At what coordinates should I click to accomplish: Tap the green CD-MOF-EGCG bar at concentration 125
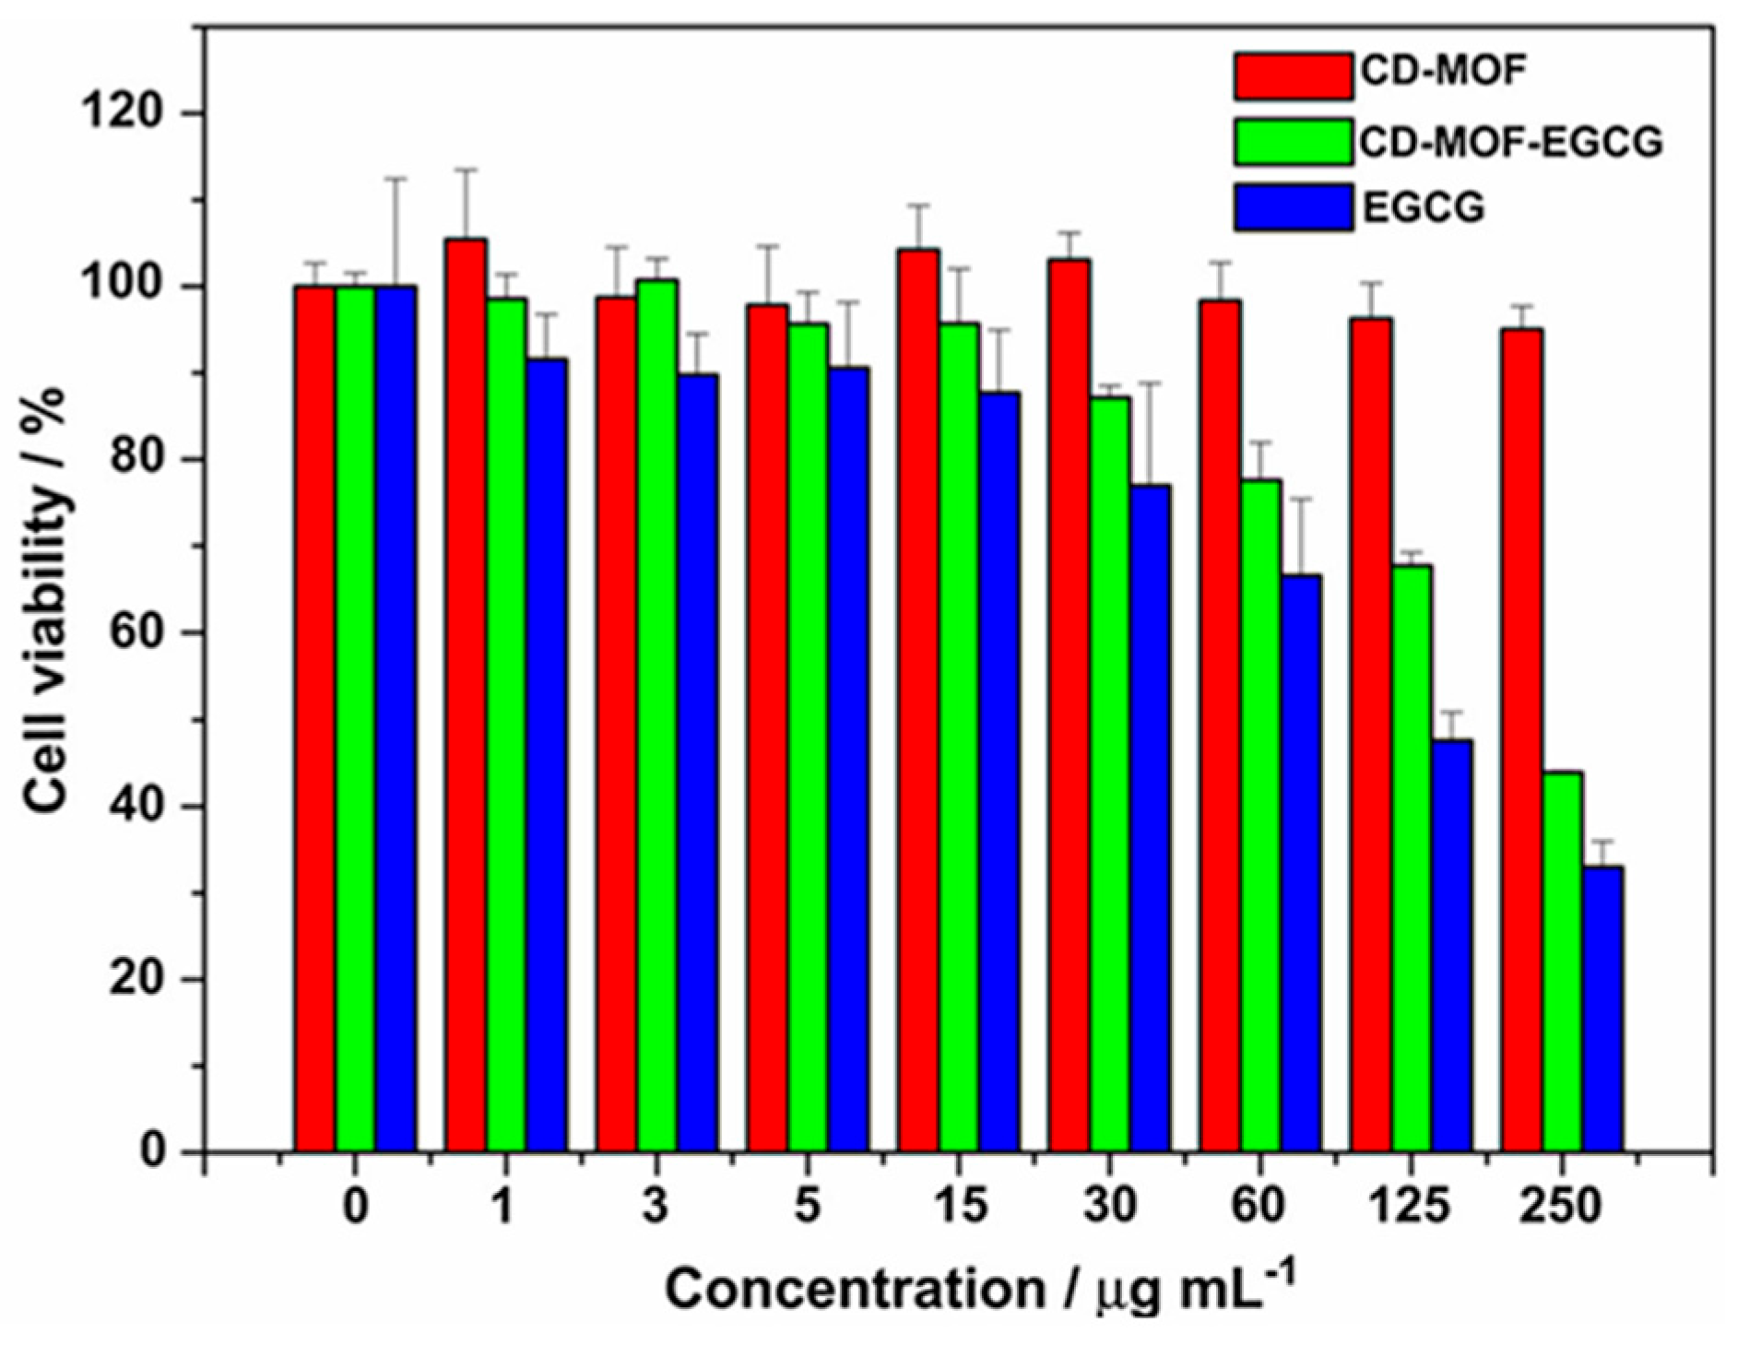pos(1412,858)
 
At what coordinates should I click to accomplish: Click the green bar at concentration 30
pos(1110,774)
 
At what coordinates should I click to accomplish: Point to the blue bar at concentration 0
pos(396,719)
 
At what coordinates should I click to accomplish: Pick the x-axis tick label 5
pos(808,1206)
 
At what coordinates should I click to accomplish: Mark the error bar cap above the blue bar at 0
pos(396,179)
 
